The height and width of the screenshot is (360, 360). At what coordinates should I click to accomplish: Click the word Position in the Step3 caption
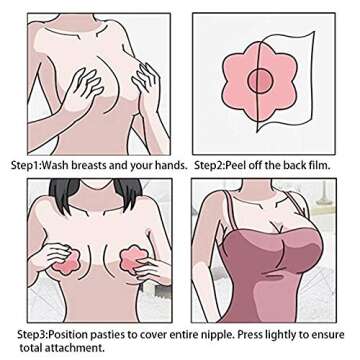(77, 335)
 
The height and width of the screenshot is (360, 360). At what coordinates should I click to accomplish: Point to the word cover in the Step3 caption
(167, 335)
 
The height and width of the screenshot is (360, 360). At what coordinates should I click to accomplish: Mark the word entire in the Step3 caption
(201, 335)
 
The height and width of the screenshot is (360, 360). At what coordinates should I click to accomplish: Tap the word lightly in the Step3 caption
(300, 335)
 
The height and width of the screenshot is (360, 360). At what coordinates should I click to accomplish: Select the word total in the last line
(31, 348)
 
